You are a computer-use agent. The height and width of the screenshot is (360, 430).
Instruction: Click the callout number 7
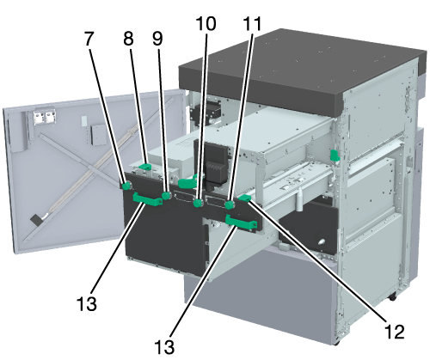tap(89, 39)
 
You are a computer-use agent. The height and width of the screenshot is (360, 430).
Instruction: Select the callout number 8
tap(128, 39)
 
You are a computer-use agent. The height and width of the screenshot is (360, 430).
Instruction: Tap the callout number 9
tap(157, 39)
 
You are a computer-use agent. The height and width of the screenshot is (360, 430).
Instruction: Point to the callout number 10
tap(206, 23)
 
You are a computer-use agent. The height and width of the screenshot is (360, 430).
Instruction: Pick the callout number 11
tap(252, 23)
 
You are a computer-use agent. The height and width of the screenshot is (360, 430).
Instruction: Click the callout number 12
tap(394, 332)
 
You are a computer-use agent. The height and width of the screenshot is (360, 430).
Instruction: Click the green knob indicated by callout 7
tap(126, 186)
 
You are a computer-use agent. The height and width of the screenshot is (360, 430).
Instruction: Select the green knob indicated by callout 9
tap(166, 196)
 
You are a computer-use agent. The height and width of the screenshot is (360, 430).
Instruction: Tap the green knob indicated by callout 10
tap(198, 204)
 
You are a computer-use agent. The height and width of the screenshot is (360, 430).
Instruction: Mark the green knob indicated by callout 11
tap(230, 205)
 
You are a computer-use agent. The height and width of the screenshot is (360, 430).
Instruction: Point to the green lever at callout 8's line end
tap(145, 167)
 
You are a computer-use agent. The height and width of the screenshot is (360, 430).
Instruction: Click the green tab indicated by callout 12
tap(244, 198)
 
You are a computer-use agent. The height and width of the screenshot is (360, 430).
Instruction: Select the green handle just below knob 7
tap(147, 199)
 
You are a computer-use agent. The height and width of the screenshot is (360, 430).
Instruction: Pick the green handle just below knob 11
tap(241, 222)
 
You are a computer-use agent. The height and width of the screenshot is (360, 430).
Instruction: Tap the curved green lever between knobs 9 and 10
tap(187, 182)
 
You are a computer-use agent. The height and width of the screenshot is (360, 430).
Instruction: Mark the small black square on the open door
tap(35, 220)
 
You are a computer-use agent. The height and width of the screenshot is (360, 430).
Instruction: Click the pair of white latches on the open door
tap(44, 118)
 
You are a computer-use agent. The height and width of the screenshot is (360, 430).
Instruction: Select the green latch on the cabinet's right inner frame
tap(335, 155)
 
